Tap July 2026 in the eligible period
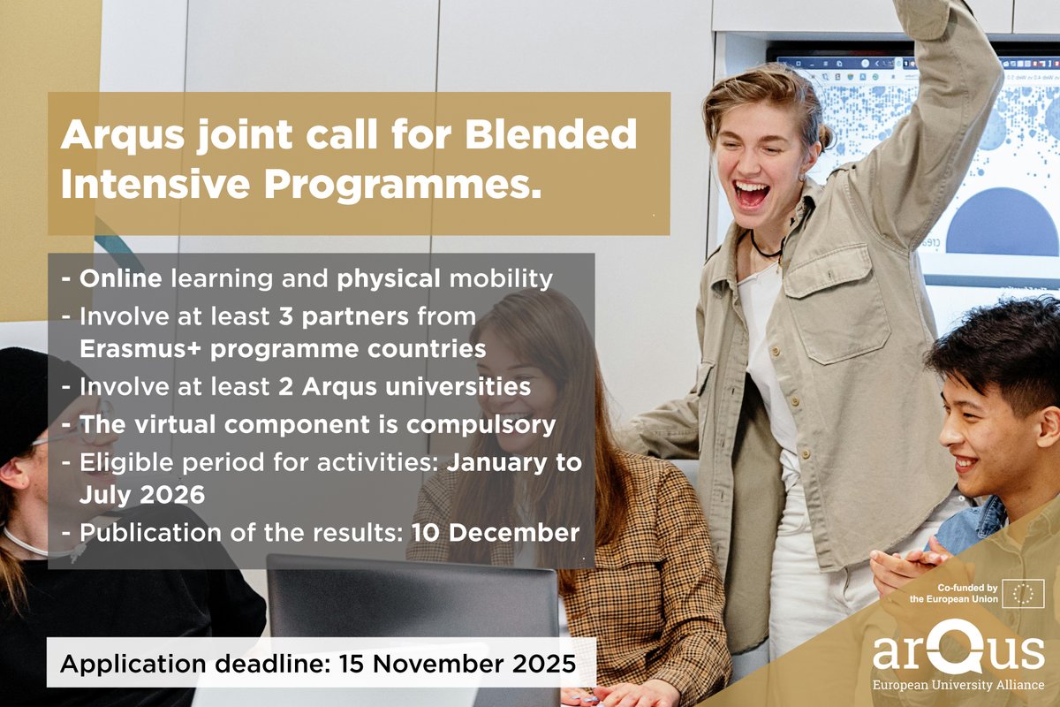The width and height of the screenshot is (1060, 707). (x=141, y=495)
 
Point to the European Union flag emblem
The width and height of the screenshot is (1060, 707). (x=1026, y=594)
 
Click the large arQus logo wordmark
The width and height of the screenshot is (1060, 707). (x=958, y=651)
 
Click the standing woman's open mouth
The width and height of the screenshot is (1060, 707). (x=752, y=194)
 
